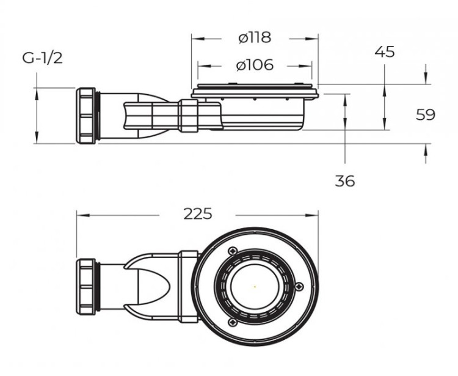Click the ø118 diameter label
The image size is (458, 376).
(255, 38)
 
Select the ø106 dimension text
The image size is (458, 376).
(255, 65)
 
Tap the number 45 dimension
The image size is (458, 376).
(384, 52)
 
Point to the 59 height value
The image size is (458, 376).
(425, 114)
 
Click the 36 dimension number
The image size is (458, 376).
(344, 180)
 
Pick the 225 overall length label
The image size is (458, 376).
(198, 214)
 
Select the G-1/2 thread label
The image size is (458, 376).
(43, 58)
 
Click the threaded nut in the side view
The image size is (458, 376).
(87, 116)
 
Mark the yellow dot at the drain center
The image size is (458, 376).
(255, 286)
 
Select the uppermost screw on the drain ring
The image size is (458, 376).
(232, 251)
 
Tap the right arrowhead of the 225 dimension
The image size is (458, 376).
(314, 215)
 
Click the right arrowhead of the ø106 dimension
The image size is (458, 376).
(310, 65)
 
